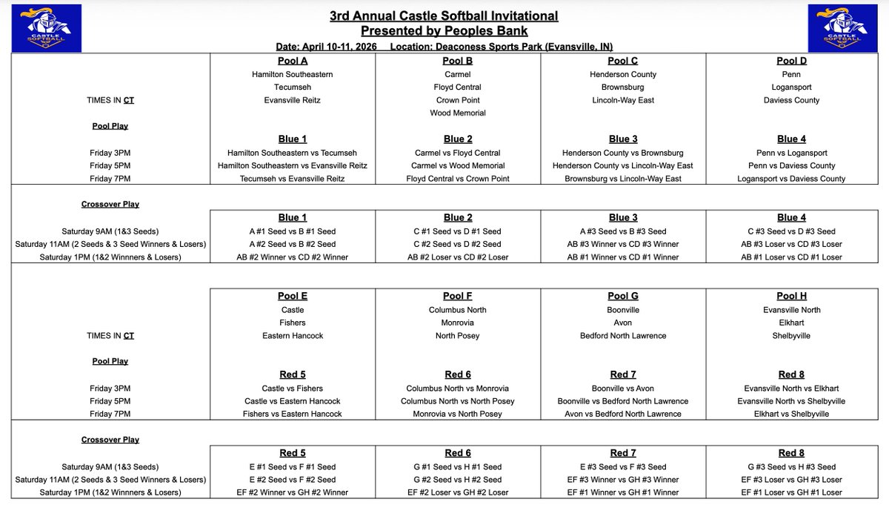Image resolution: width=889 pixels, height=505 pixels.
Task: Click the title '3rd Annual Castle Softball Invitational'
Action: click(444, 16)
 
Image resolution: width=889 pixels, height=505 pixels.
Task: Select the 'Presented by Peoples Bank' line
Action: click(444, 30)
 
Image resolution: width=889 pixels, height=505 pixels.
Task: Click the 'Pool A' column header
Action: click(293, 61)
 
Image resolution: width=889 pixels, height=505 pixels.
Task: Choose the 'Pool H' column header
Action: click(791, 297)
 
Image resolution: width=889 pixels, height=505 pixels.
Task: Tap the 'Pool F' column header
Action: click(458, 297)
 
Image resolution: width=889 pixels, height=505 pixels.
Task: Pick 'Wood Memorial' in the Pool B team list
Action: click(458, 113)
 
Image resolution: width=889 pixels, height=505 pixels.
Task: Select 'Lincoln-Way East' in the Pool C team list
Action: click(623, 100)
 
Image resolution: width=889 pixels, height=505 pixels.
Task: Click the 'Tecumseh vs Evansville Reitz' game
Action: click(293, 179)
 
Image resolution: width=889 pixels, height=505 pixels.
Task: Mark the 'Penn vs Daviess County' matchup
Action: click(791, 165)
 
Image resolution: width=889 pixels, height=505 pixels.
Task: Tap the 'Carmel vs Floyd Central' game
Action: click(458, 153)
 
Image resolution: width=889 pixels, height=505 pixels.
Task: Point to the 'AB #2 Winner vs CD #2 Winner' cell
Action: click(293, 257)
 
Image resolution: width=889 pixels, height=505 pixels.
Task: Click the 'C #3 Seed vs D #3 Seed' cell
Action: click(791, 231)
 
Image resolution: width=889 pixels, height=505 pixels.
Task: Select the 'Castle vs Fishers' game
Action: click(293, 389)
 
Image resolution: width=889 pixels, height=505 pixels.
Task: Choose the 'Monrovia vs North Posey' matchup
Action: click(458, 415)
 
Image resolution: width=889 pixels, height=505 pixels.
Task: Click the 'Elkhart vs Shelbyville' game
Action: click(791, 415)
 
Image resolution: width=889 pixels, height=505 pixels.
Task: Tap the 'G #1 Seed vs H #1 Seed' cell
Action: click(458, 467)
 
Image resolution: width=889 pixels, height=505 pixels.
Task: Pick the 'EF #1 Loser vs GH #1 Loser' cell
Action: click(791, 492)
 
